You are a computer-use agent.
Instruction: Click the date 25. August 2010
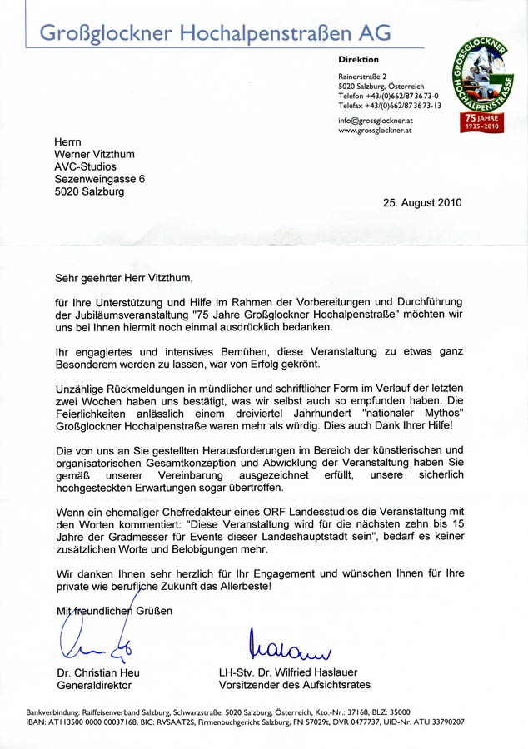pyautogui.click(x=422, y=202)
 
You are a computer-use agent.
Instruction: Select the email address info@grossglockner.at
pyautogui.click(x=375, y=121)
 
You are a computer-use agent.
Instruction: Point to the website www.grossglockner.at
pyautogui.click(x=375, y=131)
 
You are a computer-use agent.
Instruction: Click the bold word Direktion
pyautogui.click(x=358, y=60)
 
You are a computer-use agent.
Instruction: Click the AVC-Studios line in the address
pyautogui.click(x=86, y=166)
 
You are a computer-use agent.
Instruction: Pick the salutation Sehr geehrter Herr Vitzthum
pyautogui.click(x=127, y=280)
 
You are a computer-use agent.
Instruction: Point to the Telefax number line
pyautogui.click(x=390, y=106)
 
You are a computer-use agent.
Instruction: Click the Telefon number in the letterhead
pyautogui.click(x=390, y=96)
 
